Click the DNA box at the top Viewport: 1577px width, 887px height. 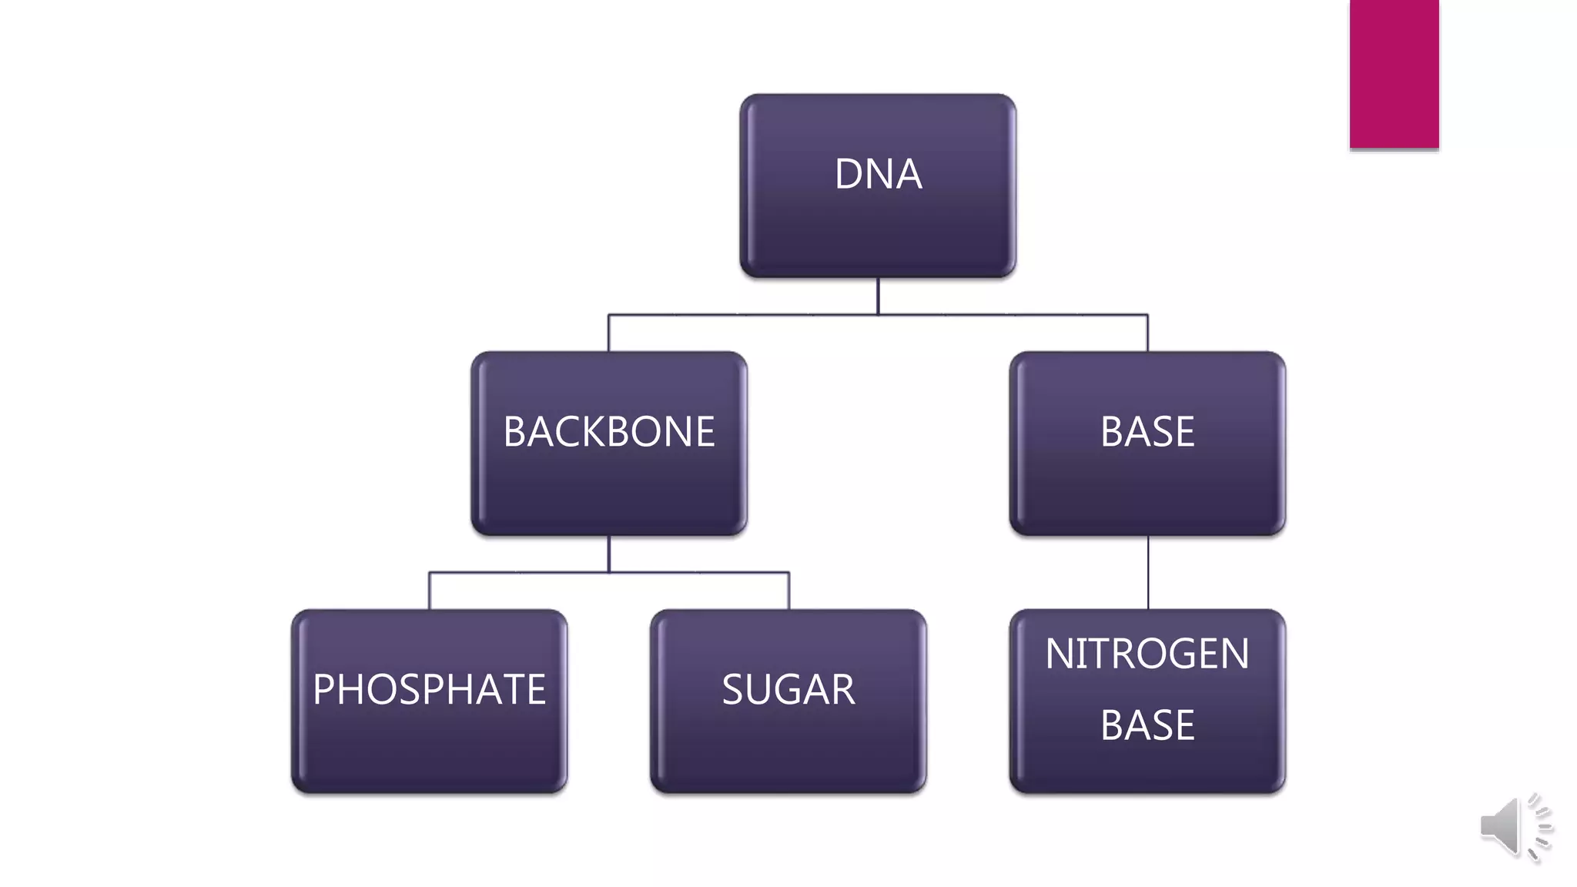pos(878,223)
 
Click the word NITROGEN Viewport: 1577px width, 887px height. pos(1147,654)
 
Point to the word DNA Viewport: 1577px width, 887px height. pos(878,174)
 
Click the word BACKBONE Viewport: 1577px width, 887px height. pos(608,431)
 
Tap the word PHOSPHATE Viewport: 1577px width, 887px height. pos(429,689)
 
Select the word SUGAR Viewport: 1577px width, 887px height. pos(788,689)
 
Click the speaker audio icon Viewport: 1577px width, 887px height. pos(1513,827)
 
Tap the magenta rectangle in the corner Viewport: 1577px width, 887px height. pos(1394,73)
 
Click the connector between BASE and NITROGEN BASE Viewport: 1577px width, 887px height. pos(1148,572)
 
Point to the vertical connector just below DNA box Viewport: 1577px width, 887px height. pos(878,296)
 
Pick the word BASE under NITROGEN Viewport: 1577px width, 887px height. pos(1147,725)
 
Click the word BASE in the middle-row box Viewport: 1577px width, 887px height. pos(1147,431)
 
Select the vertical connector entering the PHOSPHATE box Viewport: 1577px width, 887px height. pos(429,591)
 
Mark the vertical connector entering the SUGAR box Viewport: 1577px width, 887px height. pos(788,591)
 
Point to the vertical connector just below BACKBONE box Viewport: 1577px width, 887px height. pos(608,554)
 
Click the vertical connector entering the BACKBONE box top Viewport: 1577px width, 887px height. pos(608,333)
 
